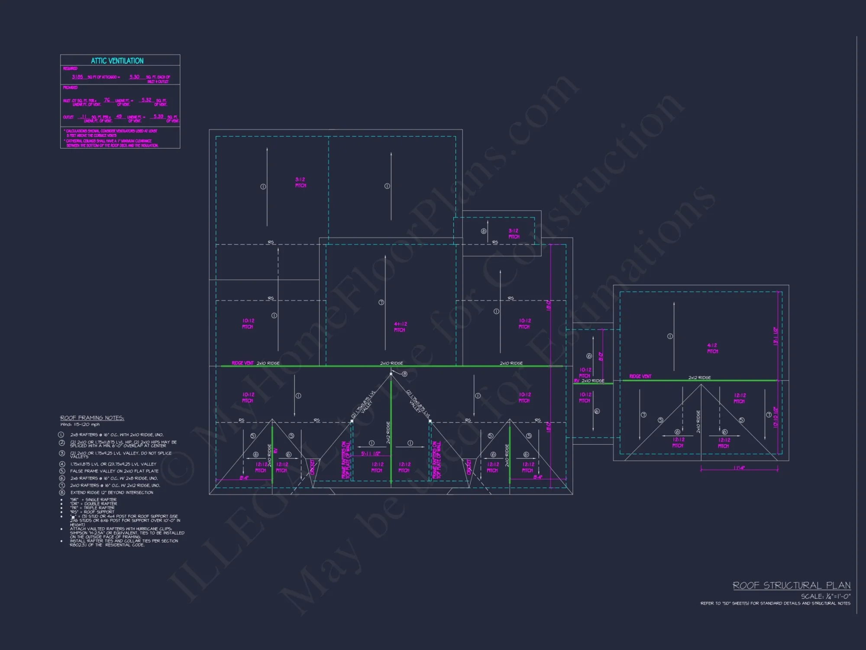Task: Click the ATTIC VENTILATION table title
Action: pyautogui.click(x=117, y=61)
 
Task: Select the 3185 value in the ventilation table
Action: pyautogui.click(x=78, y=77)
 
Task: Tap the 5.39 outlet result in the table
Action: pyautogui.click(x=158, y=117)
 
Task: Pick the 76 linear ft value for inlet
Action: pyautogui.click(x=107, y=100)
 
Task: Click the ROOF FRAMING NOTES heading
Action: pyautogui.click(x=92, y=418)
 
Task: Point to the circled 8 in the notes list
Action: pyautogui.click(x=62, y=492)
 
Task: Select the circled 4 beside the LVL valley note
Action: pyautogui.click(x=62, y=464)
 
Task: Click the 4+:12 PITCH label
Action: pyautogui.click(x=400, y=327)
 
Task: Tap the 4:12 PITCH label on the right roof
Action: pyautogui.click(x=712, y=348)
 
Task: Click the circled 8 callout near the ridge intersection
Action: pyautogui.click(x=404, y=374)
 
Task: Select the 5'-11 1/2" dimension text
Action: pyautogui.click(x=371, y=454)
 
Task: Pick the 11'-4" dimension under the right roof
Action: pyautogui.click(x=739, y=468)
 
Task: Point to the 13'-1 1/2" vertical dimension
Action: pyautogui.click(x=776, y=336)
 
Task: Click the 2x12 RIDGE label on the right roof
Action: pyautogui.click(x=699, y=377)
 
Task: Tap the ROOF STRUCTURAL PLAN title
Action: pyautogui.click(x=792, y=585)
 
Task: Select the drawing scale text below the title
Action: pyautogui.click(x=825, y=596)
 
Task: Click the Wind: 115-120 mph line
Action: pyautogui.click(x=80, y=425)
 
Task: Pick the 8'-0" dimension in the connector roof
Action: pyautogui.click(x=601, y=356)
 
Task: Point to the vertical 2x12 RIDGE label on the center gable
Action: pyautogui.click(x=388, y=432)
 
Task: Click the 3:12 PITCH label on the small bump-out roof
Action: pyautogui.click(x=514, y=234)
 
